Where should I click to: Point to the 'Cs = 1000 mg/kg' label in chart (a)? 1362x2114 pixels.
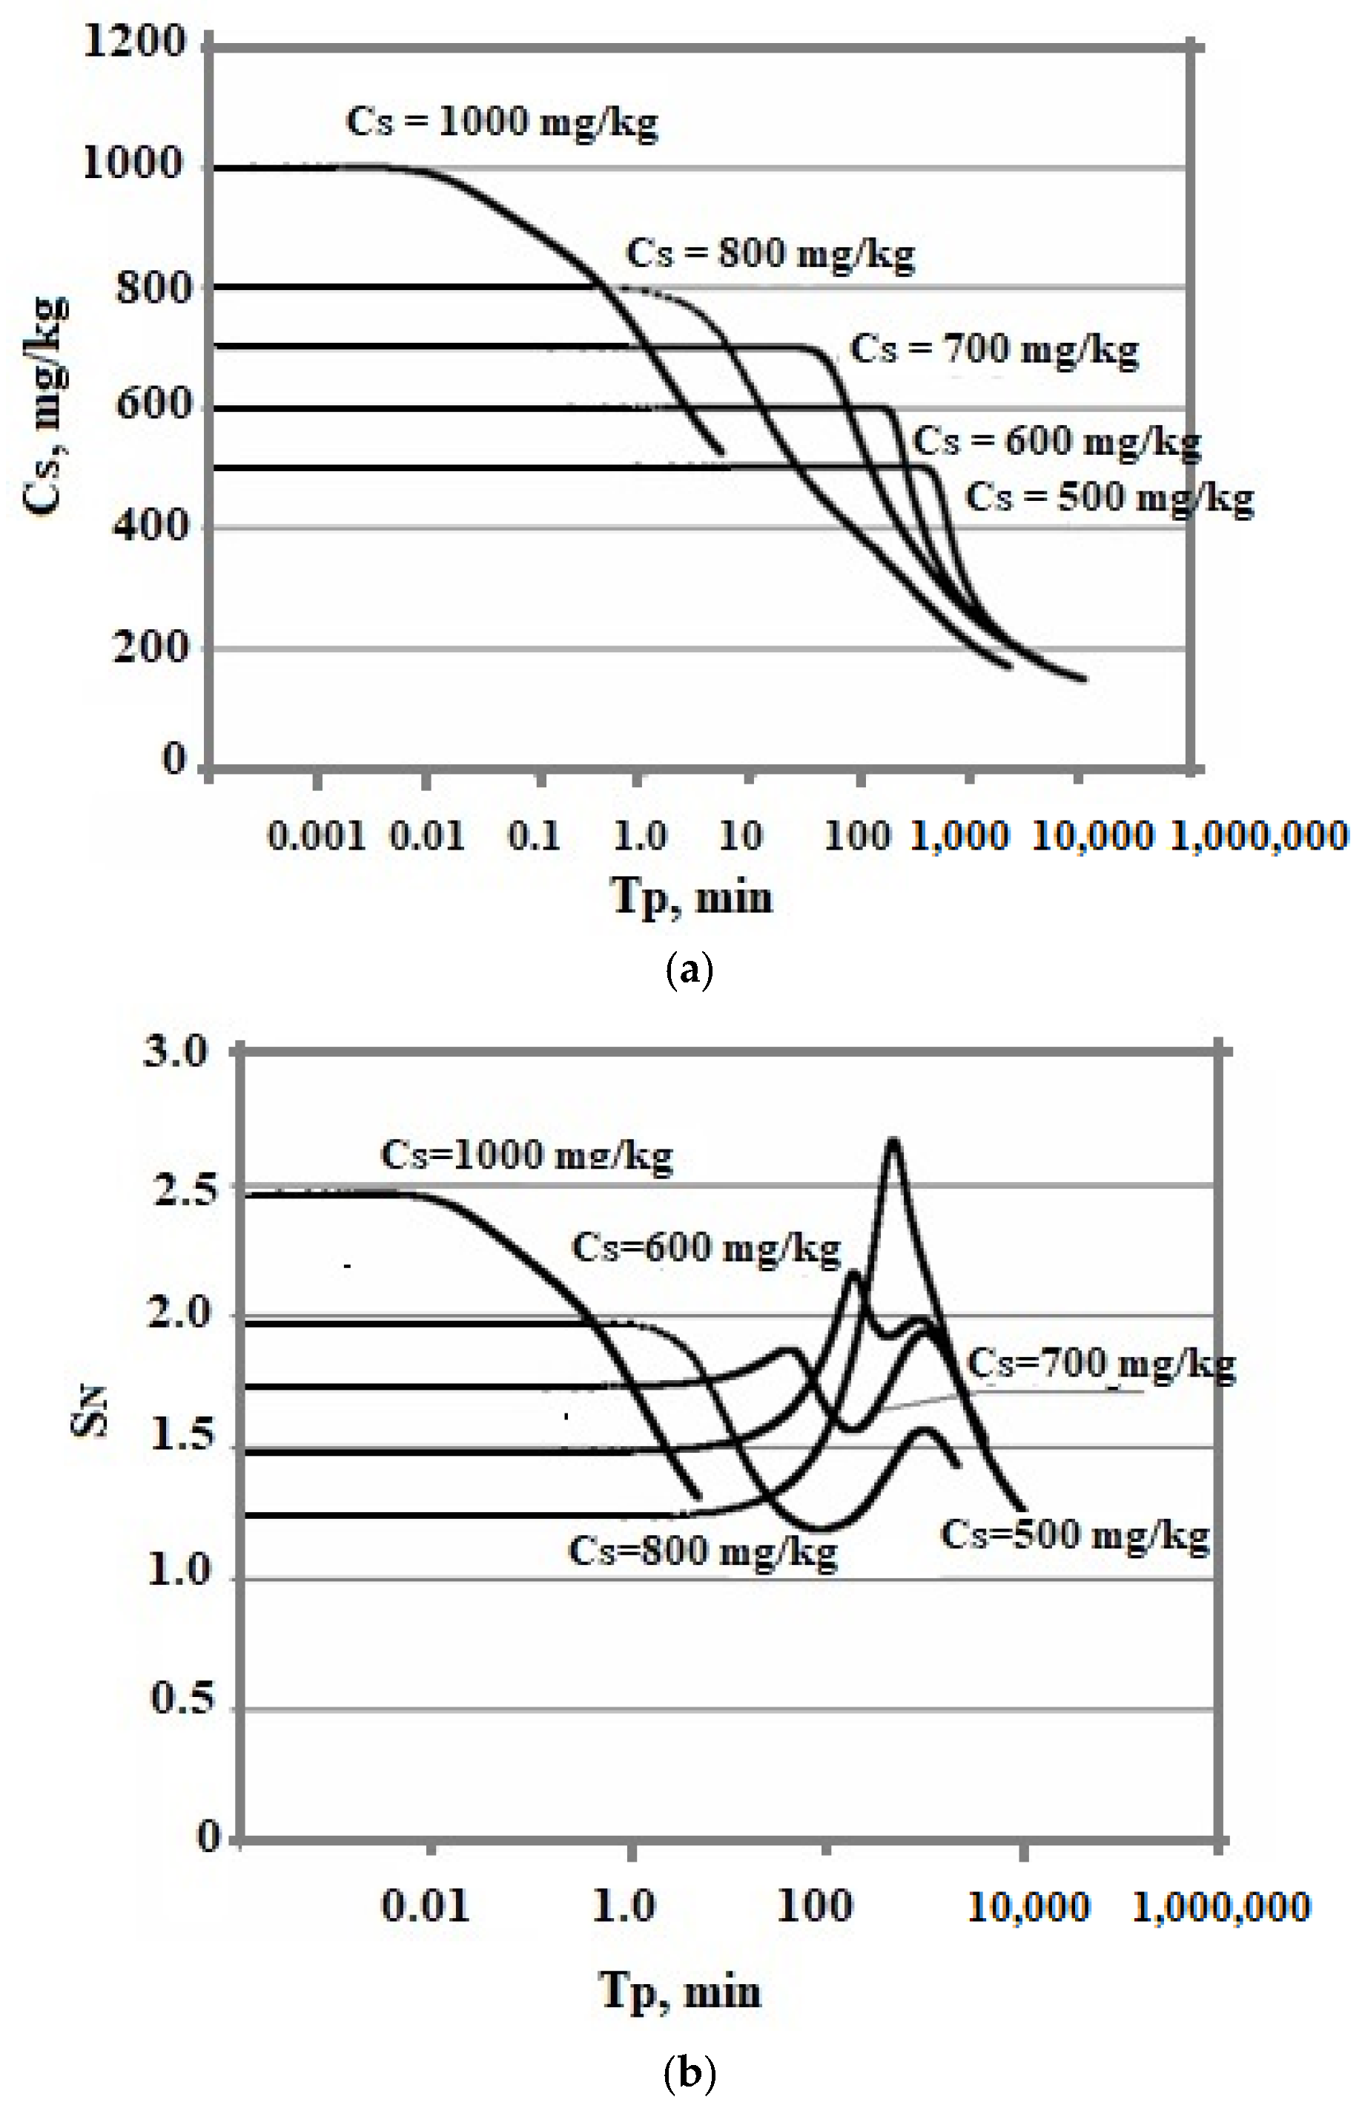click(x=501, y=122)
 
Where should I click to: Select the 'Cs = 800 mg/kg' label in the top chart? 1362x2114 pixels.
click(x=770, y=254)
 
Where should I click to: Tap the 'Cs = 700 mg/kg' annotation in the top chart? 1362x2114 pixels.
click(x=994, y=349)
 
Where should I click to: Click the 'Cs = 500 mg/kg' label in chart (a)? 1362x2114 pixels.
click(x=1109, y=497)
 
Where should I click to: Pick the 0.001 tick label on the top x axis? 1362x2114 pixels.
click(x=316, y=836)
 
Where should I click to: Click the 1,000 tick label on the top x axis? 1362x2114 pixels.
click(x=959, y=836)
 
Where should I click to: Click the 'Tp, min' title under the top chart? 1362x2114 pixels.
click(x=691, y=896)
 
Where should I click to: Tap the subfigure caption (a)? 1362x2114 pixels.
click(x=688, y=971)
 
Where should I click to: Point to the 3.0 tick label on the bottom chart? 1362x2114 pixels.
click(x=175, y=1052)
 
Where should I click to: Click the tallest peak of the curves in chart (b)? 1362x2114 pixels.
click(x=893, y=1140)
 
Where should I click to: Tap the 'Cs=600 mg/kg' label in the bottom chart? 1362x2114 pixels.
click(x=706, y=1249)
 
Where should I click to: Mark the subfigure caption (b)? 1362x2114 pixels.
click(x=688, y=2072)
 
